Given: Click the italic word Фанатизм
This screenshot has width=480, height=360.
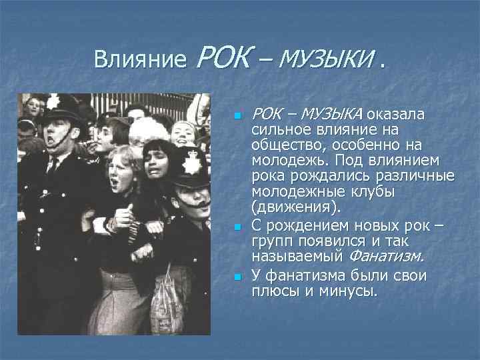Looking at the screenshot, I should coord(386,255).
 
